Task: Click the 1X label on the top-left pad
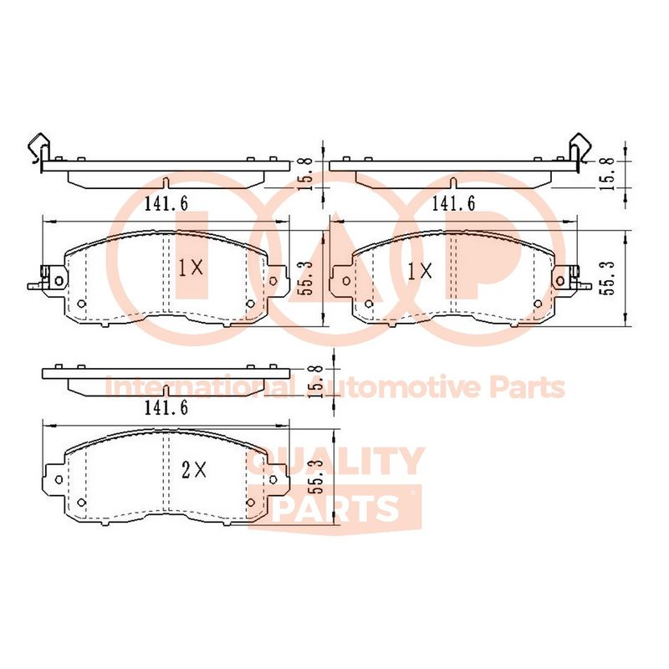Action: pos(191,268)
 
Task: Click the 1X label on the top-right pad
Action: pos(420,271)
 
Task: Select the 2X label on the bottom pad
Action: pos(194,471)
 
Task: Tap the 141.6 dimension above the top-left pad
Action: pos(166,203)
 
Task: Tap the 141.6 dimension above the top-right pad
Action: pos(453,203)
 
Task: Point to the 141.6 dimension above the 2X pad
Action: pos(166,408)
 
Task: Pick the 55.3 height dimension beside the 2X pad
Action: pos(321,477)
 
